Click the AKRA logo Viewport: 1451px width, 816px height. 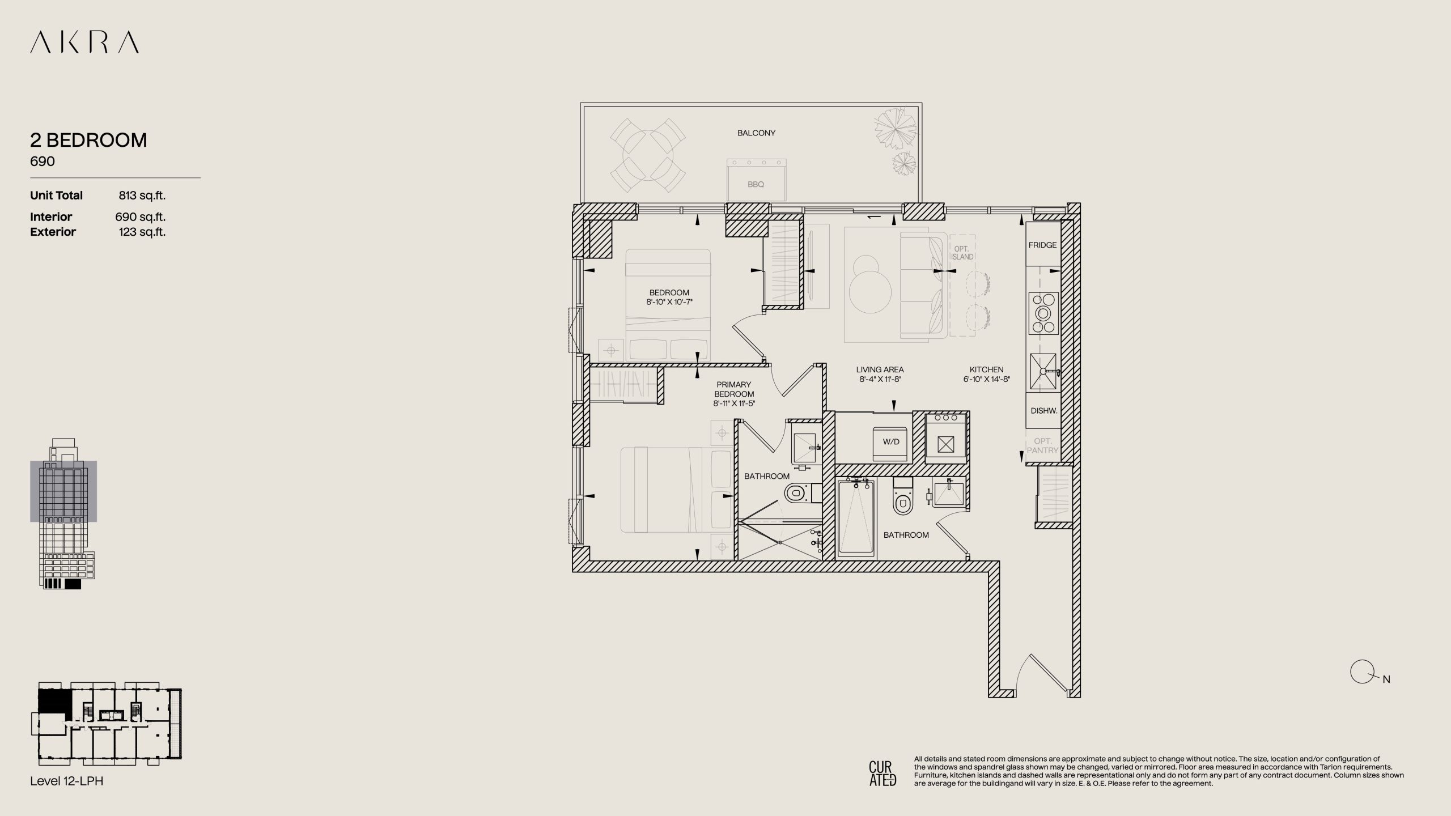[84, 42]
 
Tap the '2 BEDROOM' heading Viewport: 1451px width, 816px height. [88, 140]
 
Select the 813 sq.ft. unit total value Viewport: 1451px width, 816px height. [142, 195]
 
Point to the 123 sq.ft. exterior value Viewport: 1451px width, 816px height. [142, 232]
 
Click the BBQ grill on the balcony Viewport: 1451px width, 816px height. [757, 179]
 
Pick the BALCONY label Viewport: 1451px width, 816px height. [756, 133]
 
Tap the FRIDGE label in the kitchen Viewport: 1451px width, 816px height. [1042, 245]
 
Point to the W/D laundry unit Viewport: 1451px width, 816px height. [891, 441]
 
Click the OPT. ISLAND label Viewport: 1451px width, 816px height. [962, 253]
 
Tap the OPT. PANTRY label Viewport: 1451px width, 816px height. [1042, 445]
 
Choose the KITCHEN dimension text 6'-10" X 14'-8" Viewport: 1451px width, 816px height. [986, 380]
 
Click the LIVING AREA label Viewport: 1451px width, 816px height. [880, 370]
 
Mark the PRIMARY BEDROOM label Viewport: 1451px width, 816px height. [734, 389]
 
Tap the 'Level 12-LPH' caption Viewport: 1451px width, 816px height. [67, 781]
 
